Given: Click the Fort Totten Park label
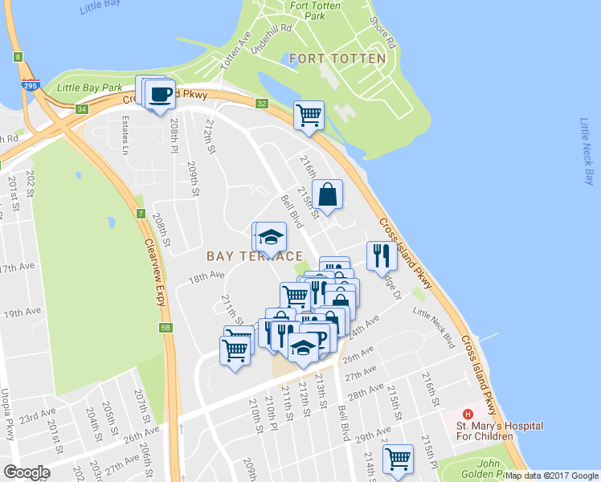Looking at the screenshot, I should tap(309, 10).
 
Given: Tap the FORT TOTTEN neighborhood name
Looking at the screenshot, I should tap(337, 59).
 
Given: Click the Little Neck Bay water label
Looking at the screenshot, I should tap(586, 151).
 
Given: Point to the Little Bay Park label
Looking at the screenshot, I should tap(89, 87).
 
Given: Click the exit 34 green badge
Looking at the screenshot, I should tap(81, 109).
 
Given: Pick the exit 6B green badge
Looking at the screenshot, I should tap(166, 328).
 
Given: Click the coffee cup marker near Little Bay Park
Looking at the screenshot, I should tap(161, 94).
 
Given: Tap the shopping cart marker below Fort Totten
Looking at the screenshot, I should tap(309, 115).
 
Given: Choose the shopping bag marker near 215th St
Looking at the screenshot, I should tap(328, 194).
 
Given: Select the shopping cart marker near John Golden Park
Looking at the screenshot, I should tap(398, 460).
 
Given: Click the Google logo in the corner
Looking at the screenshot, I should tap(27, 472).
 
